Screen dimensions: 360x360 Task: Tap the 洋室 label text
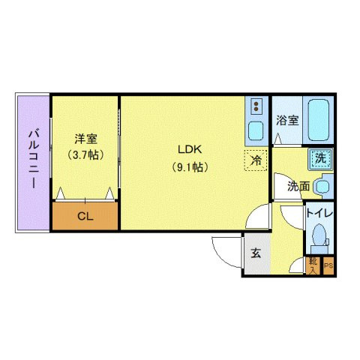84,139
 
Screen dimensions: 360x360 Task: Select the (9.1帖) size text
190,167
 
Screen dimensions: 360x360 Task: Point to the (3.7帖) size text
84,155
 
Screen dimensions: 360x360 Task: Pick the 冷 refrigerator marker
256,159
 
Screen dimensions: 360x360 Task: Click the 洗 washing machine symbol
320,158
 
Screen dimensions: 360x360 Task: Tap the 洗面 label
298,186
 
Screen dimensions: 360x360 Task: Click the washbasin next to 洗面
323,185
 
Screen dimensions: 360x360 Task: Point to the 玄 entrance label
255,253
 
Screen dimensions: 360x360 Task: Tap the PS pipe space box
328,265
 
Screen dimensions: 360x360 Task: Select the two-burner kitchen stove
256,106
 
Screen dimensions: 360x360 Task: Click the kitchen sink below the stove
256,130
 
